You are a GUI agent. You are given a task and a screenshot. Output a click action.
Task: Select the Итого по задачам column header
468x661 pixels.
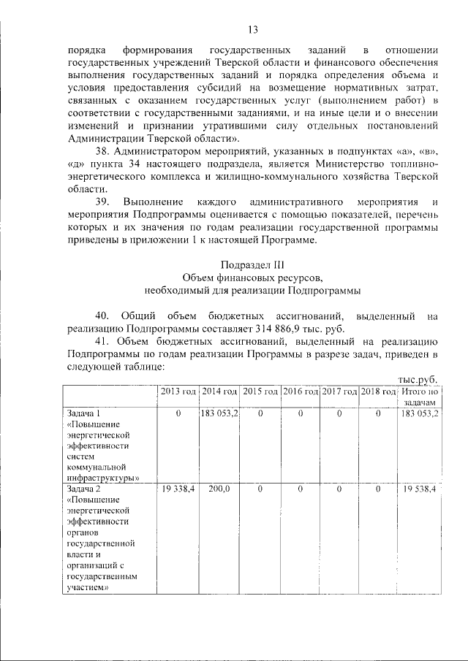(x=419, y=397)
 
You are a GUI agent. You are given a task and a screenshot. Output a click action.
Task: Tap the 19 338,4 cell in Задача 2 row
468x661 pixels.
(x=178, y=489)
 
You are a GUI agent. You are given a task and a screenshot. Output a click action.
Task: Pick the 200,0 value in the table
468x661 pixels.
(x=219, y=489)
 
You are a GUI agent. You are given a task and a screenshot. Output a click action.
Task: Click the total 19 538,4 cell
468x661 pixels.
(x=419, y=489)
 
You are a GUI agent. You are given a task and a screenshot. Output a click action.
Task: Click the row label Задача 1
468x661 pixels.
(x=82, y=413)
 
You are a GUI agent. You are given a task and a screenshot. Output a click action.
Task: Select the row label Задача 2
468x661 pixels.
(x=82, y=489)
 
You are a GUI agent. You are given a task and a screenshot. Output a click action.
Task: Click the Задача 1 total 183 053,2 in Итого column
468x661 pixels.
(x=419, y=413)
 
